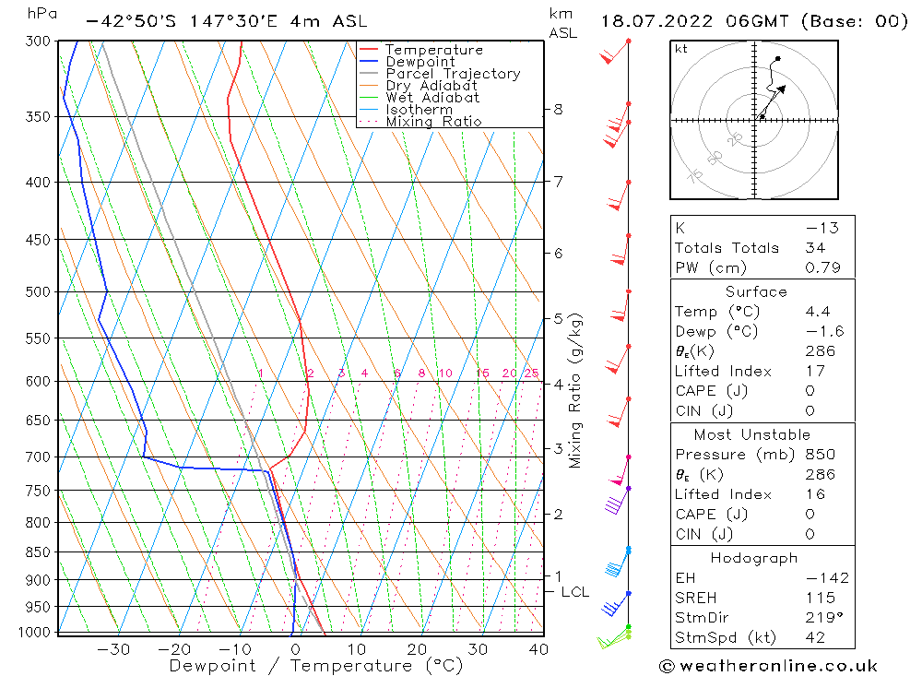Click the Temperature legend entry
pyautogui.click(x=433, y=50)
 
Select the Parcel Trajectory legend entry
pyautogui.click(x=453, y=74)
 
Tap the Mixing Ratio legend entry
pyautogui.click(x=433, y=122)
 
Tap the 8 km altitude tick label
pyautogui.click(x=559, y=109)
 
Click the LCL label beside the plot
pyautogui.click(x=574, y=592)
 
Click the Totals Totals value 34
pyautogui.click(x=815, y=248)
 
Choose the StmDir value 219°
pyautogui.click(x=820, y=618)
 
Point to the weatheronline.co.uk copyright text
pyautogui.click(x=768, y=666)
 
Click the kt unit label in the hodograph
pyautogui.click(x=681, y=49)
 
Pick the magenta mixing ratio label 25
pyautogui.click(x=531, y=374)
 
